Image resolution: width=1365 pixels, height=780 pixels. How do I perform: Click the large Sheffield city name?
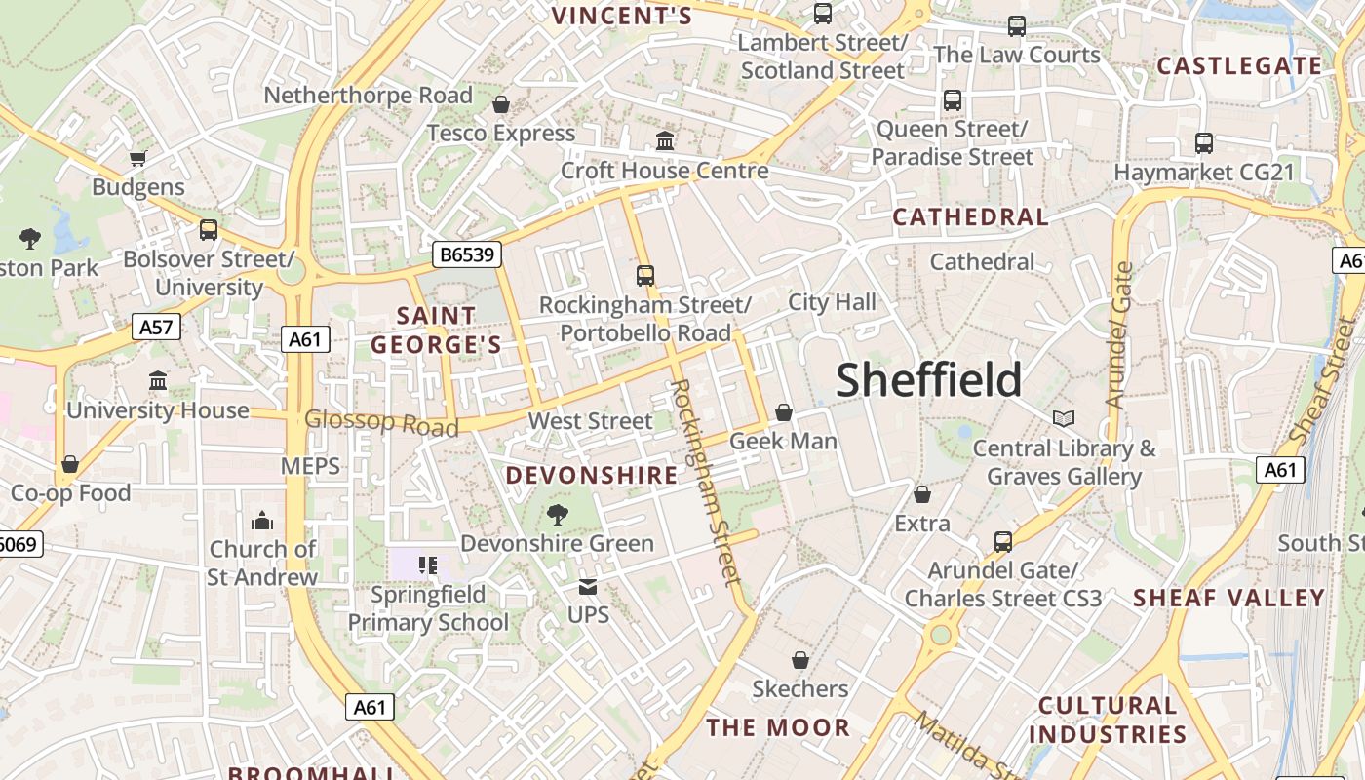pos(928,379)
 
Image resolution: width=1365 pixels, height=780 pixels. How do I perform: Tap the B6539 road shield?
pos(467,255)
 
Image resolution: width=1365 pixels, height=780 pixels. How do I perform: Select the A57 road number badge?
pos(156,327)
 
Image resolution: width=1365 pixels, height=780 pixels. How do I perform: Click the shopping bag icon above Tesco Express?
pos(501,104)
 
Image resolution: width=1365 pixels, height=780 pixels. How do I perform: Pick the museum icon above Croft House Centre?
pos(665,141)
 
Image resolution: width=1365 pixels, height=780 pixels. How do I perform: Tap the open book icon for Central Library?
pos(1064,418)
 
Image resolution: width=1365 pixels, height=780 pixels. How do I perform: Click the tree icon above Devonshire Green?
pos(557,514)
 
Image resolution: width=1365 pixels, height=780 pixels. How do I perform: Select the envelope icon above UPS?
pos(587,586)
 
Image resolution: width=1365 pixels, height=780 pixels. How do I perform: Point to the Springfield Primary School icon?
pos(427,565)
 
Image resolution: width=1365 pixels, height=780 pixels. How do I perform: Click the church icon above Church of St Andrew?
pos(262,521)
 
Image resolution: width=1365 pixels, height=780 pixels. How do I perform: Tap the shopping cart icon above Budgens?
pos(137,158)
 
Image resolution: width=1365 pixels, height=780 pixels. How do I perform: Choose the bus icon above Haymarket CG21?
pos(1204,143)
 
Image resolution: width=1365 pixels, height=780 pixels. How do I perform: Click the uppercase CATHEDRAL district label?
pos(970,216)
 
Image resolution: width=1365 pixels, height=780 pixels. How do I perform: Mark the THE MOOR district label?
pos(778,727)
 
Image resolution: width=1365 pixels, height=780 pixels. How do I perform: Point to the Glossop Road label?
pos(381,423)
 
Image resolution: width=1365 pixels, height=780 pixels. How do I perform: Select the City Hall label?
pos(832,302)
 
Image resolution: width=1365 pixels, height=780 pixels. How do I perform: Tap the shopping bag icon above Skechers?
pos(800,660)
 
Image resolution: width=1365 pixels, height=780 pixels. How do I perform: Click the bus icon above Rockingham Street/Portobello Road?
pos(644,276)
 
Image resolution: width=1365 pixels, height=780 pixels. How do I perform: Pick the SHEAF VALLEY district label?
pos(1228,598)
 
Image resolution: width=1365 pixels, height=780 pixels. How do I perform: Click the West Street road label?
pos(590,421)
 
